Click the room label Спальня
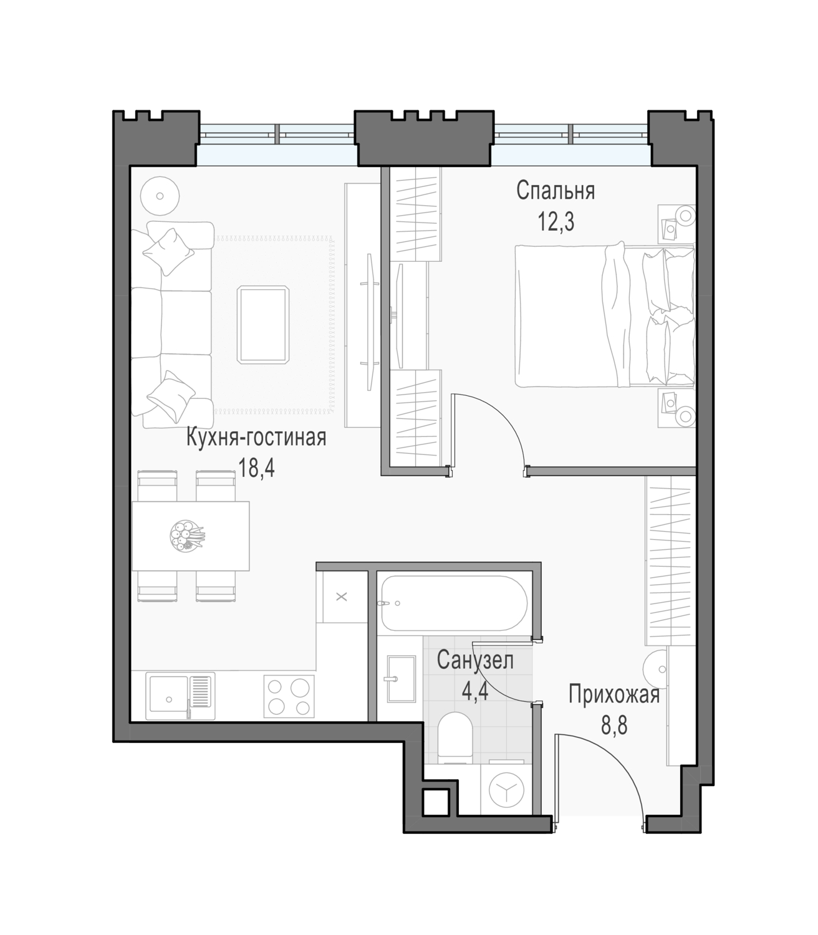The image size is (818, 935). click(556, 191)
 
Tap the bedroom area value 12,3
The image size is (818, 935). click(556, 222)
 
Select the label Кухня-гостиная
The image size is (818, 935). click(256, 438)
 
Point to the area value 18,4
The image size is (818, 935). click(256, 468)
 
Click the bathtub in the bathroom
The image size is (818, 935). click(455, 602)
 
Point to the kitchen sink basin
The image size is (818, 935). click(168, 698)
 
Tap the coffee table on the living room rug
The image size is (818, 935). click(262, 325)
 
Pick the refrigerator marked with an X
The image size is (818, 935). click(342, 597)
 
